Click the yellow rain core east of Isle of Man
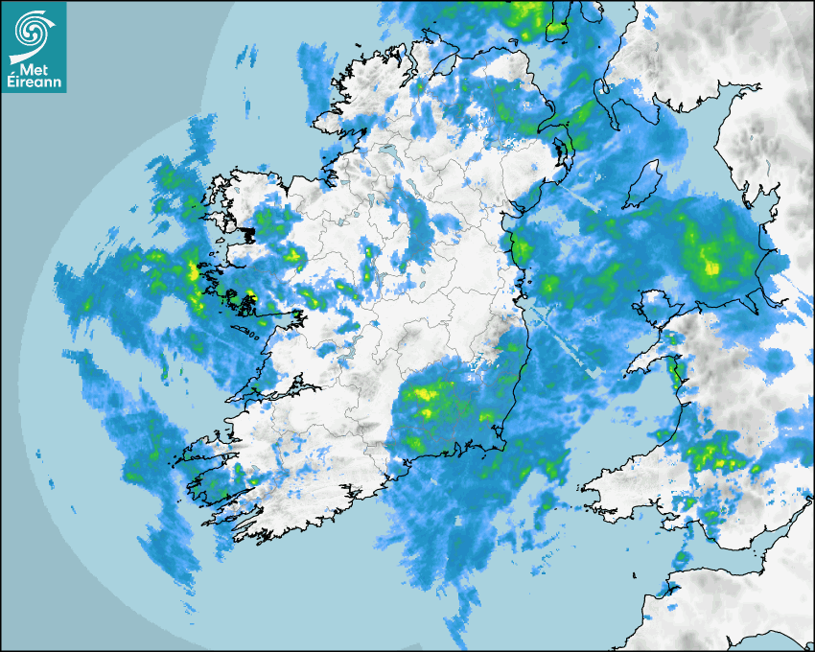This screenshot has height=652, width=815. pyautogui.click(x=710, y=265)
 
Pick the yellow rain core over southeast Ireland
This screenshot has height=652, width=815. pyautogui.click(x=427, y=393)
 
